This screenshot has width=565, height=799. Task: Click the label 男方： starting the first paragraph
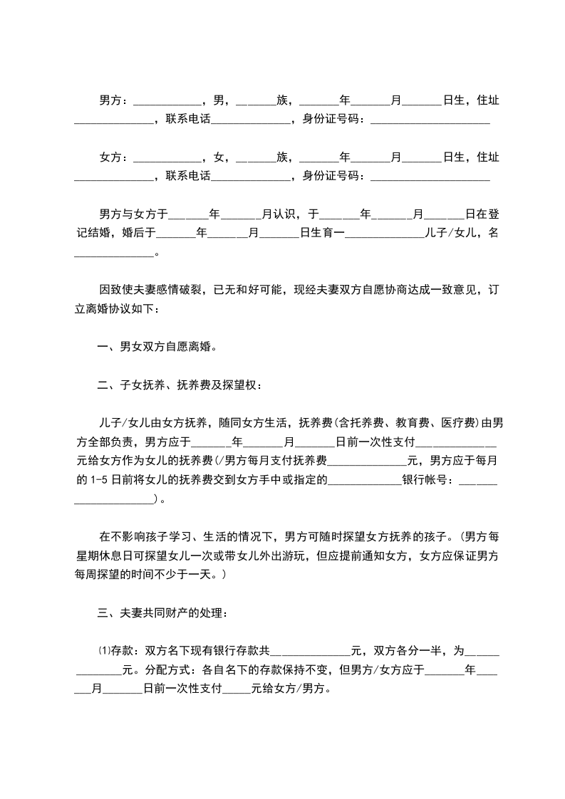114,100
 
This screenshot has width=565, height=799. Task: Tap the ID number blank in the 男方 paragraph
430,120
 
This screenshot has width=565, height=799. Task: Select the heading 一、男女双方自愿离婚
157,348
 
